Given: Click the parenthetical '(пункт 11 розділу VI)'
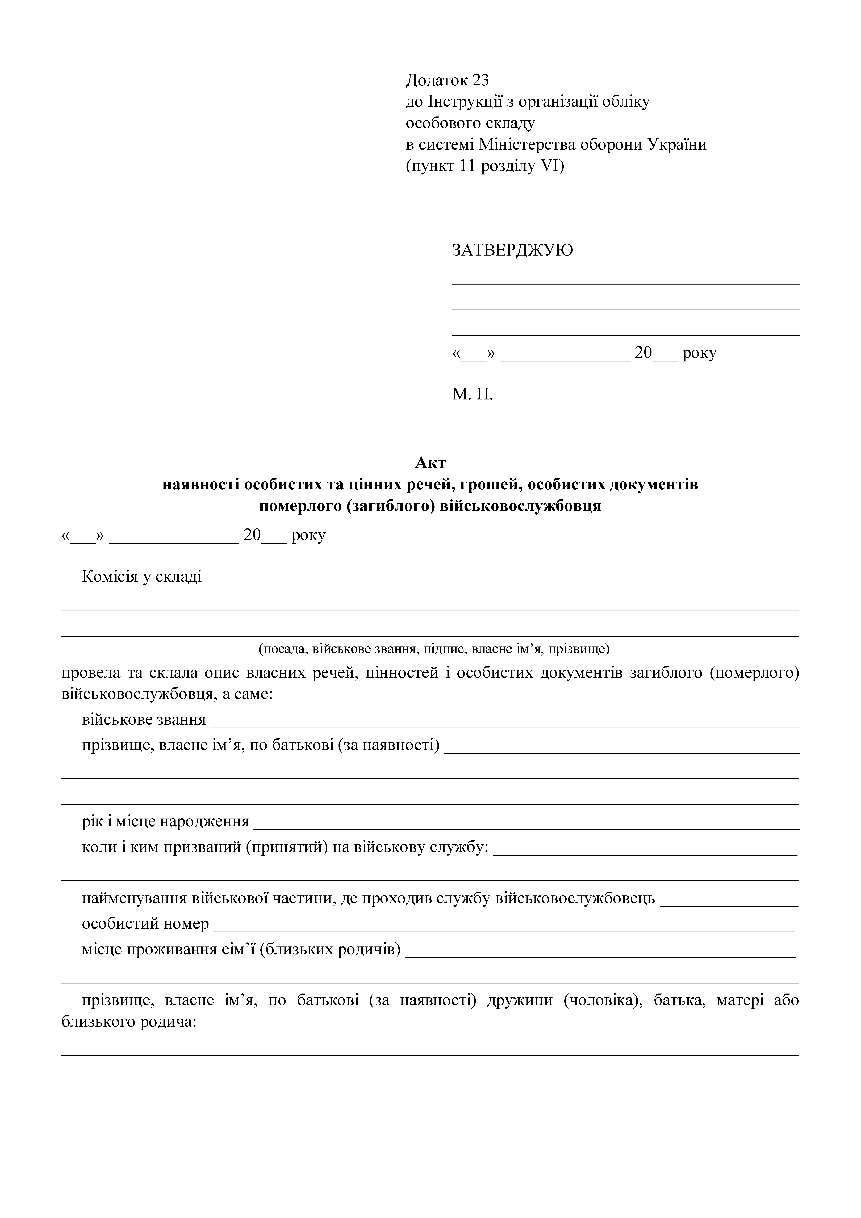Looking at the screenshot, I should (485, 166).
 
